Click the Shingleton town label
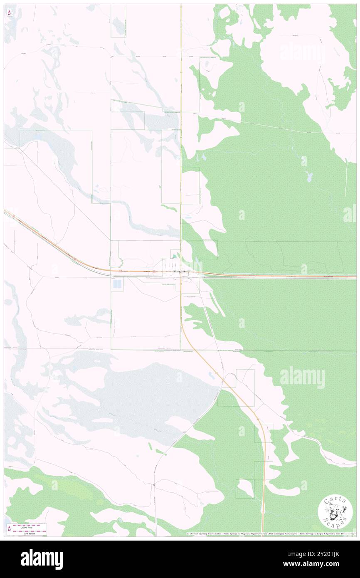[181, 272]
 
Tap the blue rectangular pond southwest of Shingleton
[118, 284]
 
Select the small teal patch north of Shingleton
[174, 257]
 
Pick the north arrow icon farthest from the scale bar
[9, 13]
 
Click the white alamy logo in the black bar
[42, 559]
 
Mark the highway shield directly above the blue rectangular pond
[120, 272]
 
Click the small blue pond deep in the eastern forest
[308, 177]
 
